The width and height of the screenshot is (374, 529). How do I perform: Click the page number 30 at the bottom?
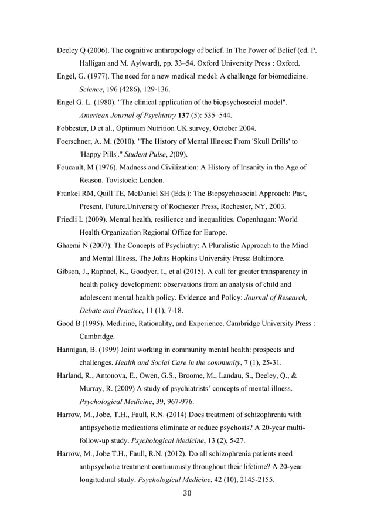click(187, 493)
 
